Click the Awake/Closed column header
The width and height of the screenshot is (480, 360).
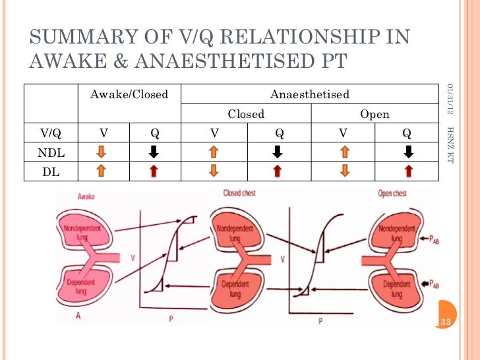point(129,94)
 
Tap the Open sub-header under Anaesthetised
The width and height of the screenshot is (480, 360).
point(374,114)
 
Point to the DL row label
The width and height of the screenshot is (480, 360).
point(48,171)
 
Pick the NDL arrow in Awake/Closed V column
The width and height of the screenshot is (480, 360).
point(102,152)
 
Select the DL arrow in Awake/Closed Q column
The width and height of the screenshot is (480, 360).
point(154,172)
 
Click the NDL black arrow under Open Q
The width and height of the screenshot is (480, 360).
point(409,152)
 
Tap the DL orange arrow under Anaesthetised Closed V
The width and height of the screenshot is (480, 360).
point(214,172)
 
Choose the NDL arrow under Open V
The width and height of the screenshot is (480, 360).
point(343,152)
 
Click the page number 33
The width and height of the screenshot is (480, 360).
point(446,322)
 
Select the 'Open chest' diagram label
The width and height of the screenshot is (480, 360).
point(392,194)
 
